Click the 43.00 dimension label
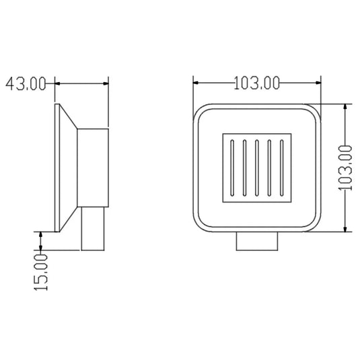tap(26, 84)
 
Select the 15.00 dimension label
tap(41, 273)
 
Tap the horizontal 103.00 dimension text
tap(256, 83)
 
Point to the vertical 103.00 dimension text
tap(345, 168)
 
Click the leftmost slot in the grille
tap(232, 168)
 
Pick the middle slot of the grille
tap(257, 168)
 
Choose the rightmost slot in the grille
tap(282, 168)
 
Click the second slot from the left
tap(244, 168)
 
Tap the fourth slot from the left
tap(269, 168)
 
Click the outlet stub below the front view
tap(257, 241)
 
